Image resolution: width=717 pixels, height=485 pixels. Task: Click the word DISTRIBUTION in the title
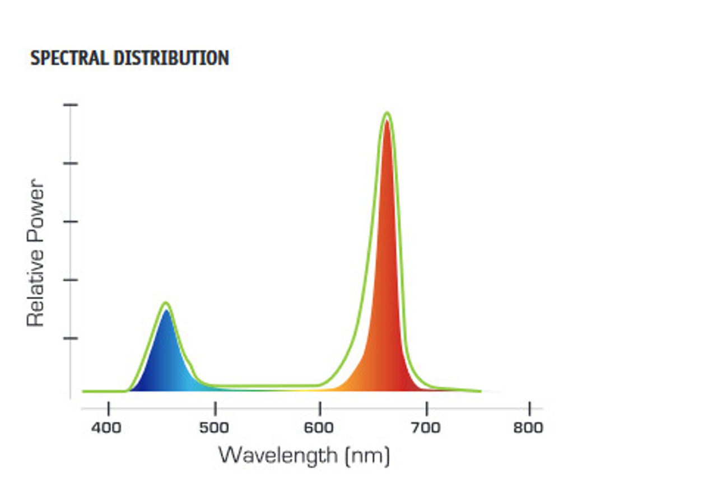[x=168, y=58]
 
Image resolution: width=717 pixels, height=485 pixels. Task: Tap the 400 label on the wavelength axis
[x=106, y=428]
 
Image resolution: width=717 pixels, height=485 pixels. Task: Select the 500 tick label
[x=214, y=428]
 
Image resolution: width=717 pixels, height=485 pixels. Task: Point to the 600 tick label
[x=319, y=428]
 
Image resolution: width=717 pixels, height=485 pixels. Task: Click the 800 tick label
[x=528, y=428]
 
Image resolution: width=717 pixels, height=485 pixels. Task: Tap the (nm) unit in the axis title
[x=367, y=456]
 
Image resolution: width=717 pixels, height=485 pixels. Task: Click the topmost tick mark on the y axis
[x=71, y=105]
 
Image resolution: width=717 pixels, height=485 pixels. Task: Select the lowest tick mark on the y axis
[x=71, y=338]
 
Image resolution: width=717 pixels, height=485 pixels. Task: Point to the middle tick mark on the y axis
[x=71, y=222]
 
